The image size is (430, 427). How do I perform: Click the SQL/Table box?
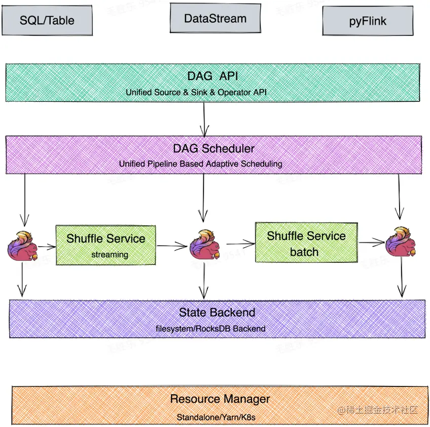[x=47, y=21]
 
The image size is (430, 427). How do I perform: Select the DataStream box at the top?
[x=215, y=19]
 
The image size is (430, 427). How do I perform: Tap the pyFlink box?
[x=368, y=21]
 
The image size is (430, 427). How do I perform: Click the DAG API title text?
[x=212, y=76]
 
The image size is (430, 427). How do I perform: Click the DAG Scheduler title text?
[x=213, y=148]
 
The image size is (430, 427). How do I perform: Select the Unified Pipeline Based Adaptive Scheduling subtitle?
[x=201, y=164]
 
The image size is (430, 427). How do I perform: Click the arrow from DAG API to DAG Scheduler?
[x=204, y=120]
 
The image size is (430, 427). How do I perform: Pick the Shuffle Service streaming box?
[x=105, y=245]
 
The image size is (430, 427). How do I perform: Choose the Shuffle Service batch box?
[x=306, y=243]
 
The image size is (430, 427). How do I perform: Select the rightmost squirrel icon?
[x=401, y=242]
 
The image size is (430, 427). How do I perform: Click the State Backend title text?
[x=217, y=312]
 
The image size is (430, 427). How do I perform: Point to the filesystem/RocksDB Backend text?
[x=210, y=329]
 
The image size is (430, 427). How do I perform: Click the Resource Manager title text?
[x=220, y=399]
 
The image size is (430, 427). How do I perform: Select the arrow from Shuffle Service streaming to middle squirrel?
[x=172, y=247]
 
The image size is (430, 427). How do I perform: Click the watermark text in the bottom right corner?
[x=379, y=410]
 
